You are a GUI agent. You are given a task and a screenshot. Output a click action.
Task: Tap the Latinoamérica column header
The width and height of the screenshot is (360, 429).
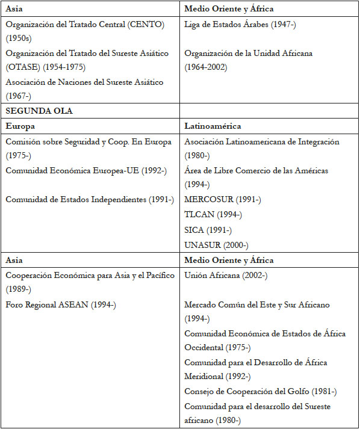pyautogui.click(x=213, y=127)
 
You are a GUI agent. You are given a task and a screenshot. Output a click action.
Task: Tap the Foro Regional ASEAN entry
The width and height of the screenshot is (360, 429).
pyautogui.click(x=60, y=304)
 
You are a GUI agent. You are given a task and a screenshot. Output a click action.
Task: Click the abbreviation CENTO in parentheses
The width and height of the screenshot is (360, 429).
pyautogui.click(x=144, y=24)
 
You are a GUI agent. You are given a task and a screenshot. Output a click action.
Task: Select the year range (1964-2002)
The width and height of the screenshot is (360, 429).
pyautogui.click(x=205, y=67)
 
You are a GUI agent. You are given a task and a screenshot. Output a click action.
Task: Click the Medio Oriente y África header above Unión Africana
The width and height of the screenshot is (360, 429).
pyautogui.click(x=229, y=260)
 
